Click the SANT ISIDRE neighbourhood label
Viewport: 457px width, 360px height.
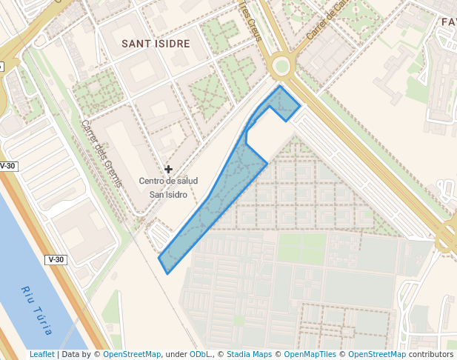click(x=156, y=44)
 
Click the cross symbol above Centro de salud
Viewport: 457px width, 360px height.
click(x=168, y=170)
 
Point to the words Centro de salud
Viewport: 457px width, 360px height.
click(x=168, y=181)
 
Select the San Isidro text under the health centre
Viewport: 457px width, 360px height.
click(x=168, y=195)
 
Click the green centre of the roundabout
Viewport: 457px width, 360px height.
click(x=281, y=67)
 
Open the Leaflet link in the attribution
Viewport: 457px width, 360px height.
click(x=42, y=355)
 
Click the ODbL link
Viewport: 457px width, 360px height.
click(x=200, y=355)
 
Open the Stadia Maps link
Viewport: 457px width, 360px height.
click(x=249, y=355)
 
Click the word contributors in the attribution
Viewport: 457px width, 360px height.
click(x=431, y=355)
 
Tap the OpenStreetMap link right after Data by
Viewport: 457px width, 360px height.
click(x=132, y=355)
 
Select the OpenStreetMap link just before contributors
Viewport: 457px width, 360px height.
click(x=376, y=355)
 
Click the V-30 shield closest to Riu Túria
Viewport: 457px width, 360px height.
click(x=56, y=260)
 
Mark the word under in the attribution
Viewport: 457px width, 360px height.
click(x=176, y=355)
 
